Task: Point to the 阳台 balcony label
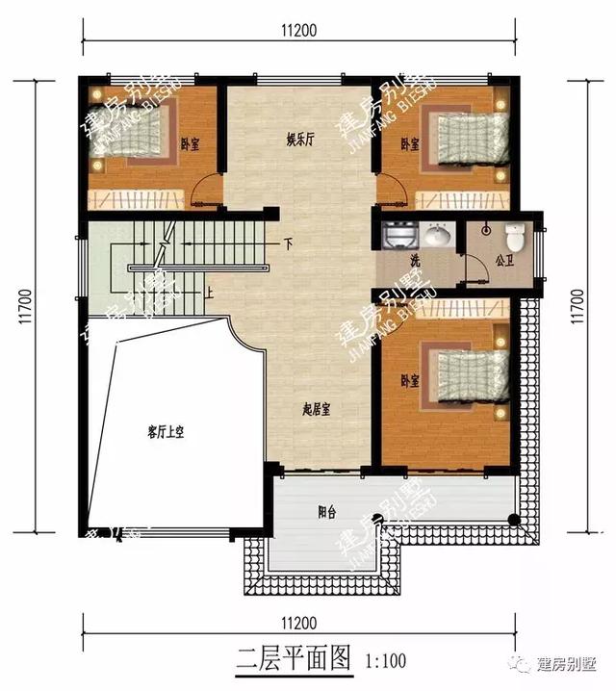[x=328, y=511]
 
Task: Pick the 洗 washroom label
[x=414, y=260]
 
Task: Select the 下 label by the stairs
[x=287, y=243]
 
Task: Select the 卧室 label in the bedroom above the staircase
[x=190, y=144]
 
